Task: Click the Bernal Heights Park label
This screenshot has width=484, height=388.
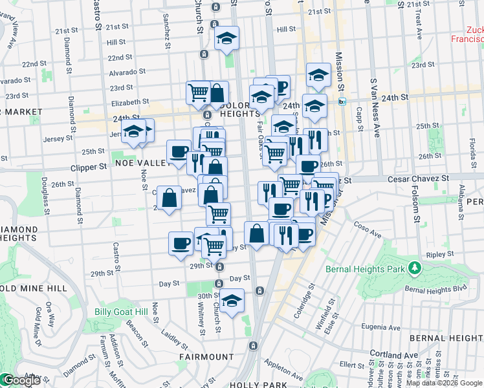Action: coord(365,268)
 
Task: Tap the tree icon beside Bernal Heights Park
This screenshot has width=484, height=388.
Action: coord(413,268)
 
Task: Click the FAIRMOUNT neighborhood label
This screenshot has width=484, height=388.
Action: coord(208,356)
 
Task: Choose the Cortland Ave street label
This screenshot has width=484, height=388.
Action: coord(394,354)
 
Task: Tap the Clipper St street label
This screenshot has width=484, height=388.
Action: coord(88,167)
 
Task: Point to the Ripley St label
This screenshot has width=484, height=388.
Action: coord(440,255)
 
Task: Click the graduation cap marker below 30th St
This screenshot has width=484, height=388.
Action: coord(231,300)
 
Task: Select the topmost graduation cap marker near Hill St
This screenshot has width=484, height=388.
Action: coord(227,38)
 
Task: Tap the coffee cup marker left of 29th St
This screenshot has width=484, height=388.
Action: coord(181,243)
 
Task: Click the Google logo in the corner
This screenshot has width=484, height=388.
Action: coord(21,381)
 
